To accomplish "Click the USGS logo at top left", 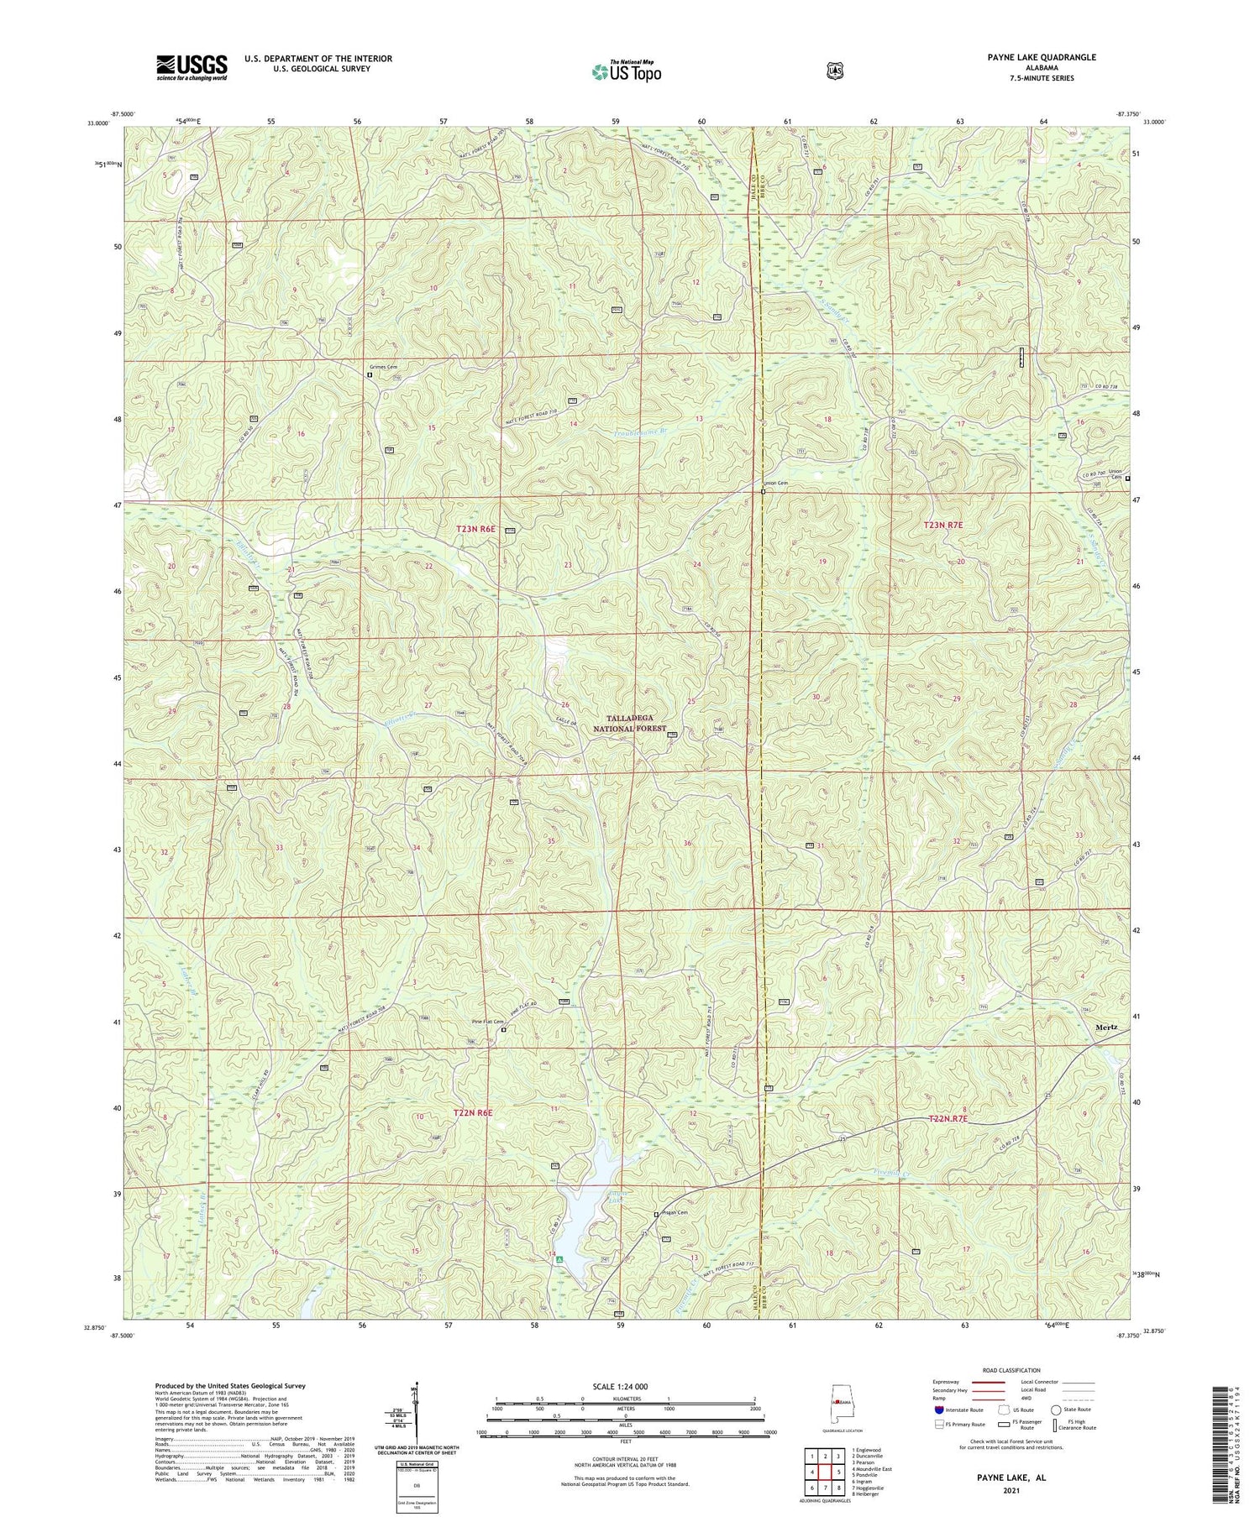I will [x=192, y=67].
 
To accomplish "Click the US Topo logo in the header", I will [x=626, y=71].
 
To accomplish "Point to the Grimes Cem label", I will [x=383, y=367].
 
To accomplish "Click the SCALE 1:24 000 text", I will [x=625, y=1386].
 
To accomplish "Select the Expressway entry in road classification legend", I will [x=946, y=1382].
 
